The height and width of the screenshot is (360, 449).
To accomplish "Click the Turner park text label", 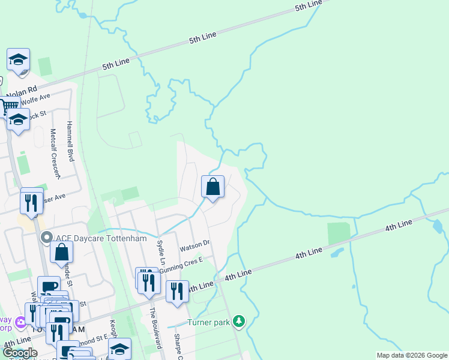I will (209, 323).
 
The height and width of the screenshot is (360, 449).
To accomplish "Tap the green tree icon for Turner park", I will (240, 322).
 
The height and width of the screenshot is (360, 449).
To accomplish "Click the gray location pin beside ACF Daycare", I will (47, 239).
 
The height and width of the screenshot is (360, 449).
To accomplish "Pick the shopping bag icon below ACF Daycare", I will (62, 253).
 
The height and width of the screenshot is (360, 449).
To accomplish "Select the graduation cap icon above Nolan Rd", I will (19, 59).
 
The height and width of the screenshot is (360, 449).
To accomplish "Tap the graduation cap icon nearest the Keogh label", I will (119, 350).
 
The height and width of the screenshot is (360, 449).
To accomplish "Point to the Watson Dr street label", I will (194, 245).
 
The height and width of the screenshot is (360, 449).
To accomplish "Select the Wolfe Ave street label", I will (37, 100).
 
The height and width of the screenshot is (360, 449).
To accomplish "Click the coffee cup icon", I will (49, 287).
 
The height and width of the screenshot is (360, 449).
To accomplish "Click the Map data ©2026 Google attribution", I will (411, 355).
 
